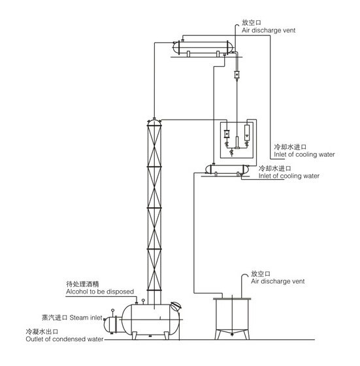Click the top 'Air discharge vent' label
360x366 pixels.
(269, 30)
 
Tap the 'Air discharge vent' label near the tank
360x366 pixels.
(278, 281)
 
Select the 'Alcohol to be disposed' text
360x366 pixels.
(100, 291)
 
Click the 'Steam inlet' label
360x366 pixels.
(86, 318)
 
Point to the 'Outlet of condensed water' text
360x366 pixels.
(65, 339)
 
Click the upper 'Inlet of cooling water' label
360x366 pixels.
(304, 154)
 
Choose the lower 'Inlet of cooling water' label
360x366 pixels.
(289, 176)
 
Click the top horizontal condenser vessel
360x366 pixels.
(203, 48)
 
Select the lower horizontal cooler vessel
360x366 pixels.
(227, 169)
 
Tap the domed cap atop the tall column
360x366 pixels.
(154, 122)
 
